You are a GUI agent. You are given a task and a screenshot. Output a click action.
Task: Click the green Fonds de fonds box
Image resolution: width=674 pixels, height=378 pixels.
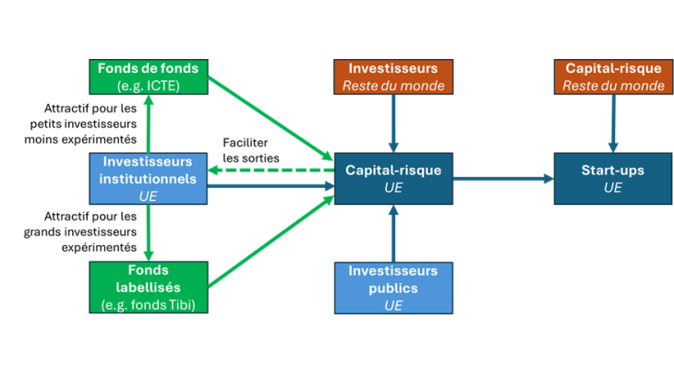pyautogui.click(x=148, y=76)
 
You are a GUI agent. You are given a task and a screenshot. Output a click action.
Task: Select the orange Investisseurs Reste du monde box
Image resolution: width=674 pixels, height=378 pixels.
pyautogui.click(x=393, y=76)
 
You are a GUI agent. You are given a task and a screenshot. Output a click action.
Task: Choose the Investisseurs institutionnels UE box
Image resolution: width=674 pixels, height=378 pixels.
pyautogui.click(x=148, y=179)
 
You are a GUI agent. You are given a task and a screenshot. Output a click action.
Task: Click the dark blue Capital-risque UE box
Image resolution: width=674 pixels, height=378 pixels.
pyautogui.click(x=393, y=179)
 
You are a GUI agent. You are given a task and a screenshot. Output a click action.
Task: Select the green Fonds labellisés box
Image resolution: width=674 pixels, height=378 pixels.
pyautogui.click(x=148, y=286)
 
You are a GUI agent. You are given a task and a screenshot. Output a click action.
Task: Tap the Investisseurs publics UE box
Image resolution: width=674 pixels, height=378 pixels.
pyautogui.click(x=393, y=288)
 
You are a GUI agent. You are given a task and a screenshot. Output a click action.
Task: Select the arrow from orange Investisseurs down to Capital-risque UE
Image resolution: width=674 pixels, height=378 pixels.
pyautogui.click(x=393, y=123)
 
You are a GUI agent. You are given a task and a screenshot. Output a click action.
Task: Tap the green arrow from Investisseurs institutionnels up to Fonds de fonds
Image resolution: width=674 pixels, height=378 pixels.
pyautogui.click(x=148, y=124)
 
